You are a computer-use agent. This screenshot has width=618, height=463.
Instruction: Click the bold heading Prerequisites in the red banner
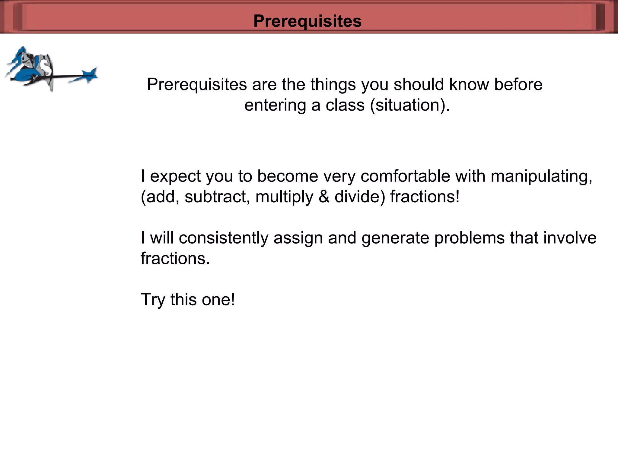(307, 21)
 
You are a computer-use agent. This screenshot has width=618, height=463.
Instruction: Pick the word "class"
(345, 105)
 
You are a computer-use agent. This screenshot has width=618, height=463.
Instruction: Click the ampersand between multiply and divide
(324, 197)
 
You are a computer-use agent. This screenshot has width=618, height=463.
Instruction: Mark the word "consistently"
(223, 238)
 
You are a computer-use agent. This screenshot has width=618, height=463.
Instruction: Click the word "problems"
(469, 238)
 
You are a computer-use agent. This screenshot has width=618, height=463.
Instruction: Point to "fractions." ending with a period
(175, 259)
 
